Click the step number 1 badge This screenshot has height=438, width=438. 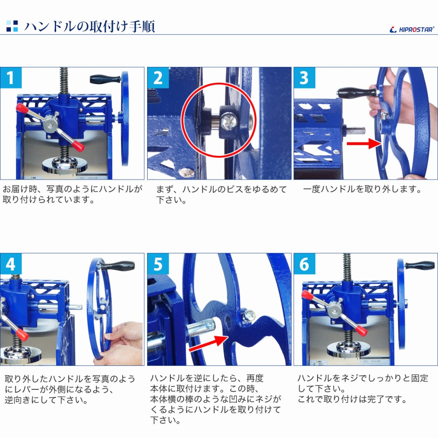click(11, 78)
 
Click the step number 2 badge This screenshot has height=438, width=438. click(158, 78)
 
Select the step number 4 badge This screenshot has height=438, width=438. click(11, 264)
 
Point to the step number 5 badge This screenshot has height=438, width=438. click(158, 264)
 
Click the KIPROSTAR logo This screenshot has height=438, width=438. click(411, 29)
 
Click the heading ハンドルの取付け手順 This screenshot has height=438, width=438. click(89, 27)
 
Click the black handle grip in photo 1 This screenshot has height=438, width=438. click(105, 79)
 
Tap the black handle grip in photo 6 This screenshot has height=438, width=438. click(419, 265)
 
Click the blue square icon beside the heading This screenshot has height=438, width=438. click(12, 26)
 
